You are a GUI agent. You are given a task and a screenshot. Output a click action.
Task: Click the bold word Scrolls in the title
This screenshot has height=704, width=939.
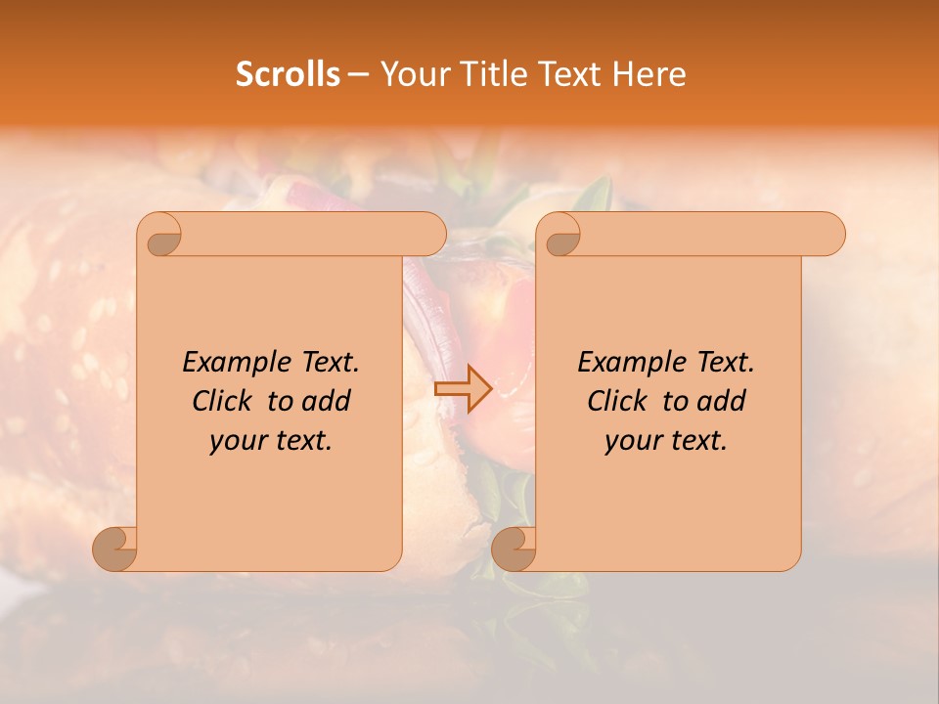pos(288,74)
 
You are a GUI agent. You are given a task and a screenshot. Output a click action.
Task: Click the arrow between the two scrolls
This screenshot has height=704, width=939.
pos(463,389)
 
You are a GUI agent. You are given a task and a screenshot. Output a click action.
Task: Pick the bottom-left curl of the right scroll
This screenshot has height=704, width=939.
pos(514,550)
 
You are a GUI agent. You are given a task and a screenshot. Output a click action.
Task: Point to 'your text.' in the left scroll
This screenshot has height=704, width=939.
pos(271,440)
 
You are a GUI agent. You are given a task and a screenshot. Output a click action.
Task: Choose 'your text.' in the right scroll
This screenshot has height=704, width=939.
pos(666,440)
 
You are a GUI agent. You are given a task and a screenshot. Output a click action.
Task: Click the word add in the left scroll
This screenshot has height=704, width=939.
pos(328,401)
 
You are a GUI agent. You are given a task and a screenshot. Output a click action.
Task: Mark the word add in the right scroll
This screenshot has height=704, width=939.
pos(723,401)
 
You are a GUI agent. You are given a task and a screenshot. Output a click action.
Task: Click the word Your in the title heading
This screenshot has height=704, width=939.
pos(411,74)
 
